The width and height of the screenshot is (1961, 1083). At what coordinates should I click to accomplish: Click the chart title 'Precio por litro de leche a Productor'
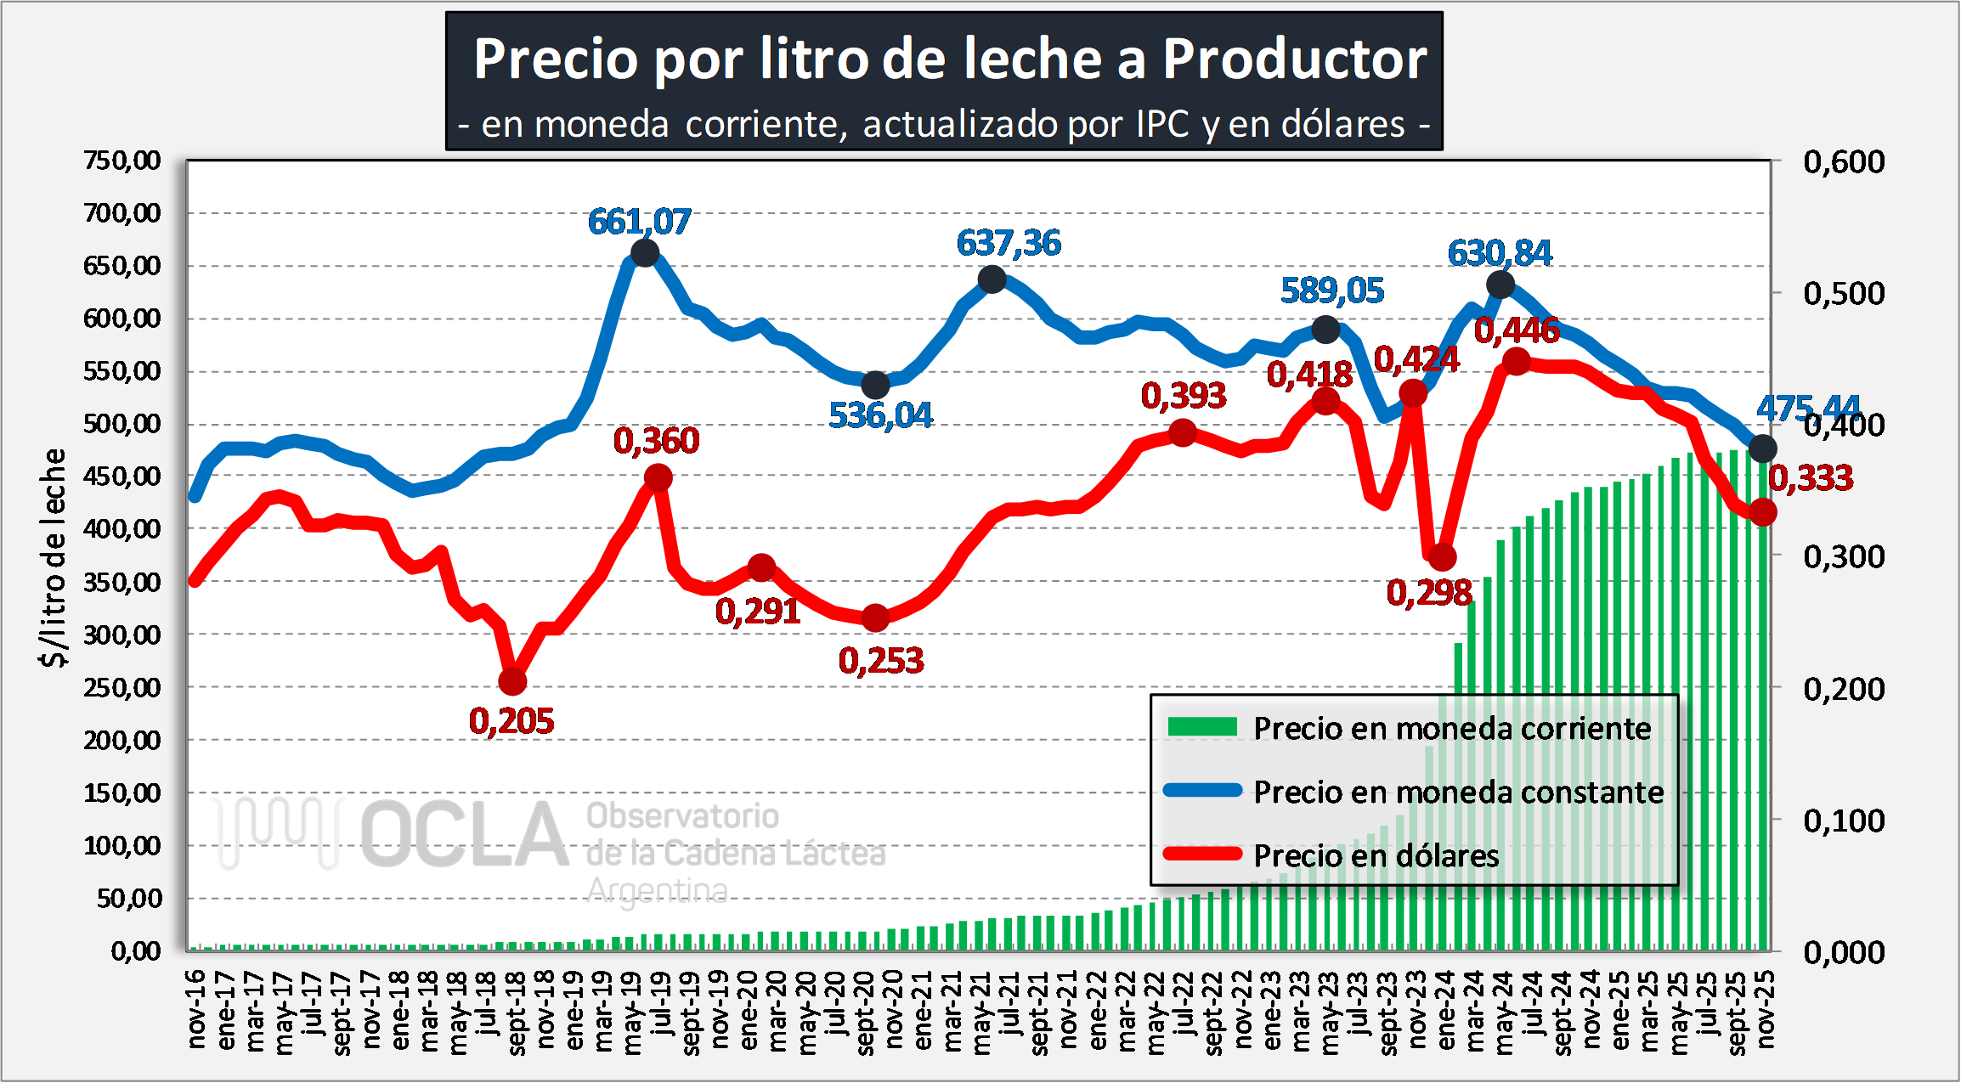click(950, 59)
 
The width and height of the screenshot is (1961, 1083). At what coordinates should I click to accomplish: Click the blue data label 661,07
click(639, 222)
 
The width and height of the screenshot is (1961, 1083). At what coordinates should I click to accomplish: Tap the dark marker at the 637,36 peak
click(992, 279)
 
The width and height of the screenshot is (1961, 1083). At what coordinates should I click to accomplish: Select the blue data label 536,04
click(880, 415)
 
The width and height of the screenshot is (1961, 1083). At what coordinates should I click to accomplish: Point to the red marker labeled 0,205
click(512, 681)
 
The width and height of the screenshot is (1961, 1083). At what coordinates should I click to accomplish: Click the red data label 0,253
click(881, 661)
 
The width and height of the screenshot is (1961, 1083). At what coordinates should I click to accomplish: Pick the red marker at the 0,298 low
click(1442, 558)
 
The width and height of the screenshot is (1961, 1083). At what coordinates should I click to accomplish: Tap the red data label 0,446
click(1517, 330)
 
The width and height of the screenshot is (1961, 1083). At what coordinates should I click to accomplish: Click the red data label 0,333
click(1811, 478)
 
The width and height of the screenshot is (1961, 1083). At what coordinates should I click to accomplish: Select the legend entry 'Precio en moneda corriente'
click(1452, 728)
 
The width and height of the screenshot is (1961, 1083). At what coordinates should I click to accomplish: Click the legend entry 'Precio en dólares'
click(1376, 855)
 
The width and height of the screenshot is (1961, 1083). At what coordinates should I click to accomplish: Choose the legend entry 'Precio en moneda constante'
click(1458, 792)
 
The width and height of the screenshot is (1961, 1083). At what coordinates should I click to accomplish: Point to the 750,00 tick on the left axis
click(122, 160)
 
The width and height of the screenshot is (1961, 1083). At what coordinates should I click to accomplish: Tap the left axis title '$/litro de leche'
click(54, 557)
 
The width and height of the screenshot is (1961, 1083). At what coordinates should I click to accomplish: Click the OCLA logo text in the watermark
click(464, 835)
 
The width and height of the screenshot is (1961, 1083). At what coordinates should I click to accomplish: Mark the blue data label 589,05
click(1332, 290)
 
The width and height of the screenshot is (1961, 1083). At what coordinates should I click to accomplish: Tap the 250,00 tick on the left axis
click(122, 687)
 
